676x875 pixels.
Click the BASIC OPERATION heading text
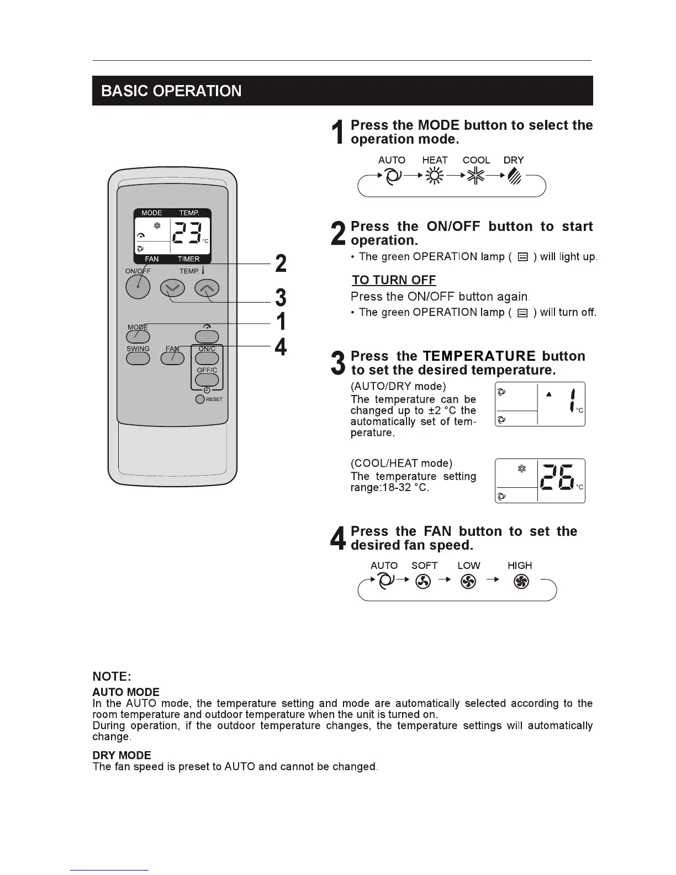tap(171, 91)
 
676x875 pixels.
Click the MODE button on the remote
tap(138, 336)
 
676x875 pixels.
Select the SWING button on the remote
tap(138, 358)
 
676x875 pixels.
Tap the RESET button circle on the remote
tap(200, 399)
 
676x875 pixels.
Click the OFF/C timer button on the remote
tap(207, 380)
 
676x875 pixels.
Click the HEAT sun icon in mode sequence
tap(435, 176)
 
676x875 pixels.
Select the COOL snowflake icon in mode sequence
tap(476, 176)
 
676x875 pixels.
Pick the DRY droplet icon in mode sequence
tap(514, 176)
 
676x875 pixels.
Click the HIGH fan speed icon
tap(521, 581)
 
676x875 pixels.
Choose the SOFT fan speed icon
tap(423, 581)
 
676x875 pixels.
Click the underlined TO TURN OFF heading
tap(394, 280)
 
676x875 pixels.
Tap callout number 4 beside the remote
tap(281, 347)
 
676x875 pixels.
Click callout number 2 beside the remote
tap(281, 263)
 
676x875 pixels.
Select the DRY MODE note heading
tap(122, 755)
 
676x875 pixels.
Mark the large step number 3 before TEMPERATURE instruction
tap(337, 363)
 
